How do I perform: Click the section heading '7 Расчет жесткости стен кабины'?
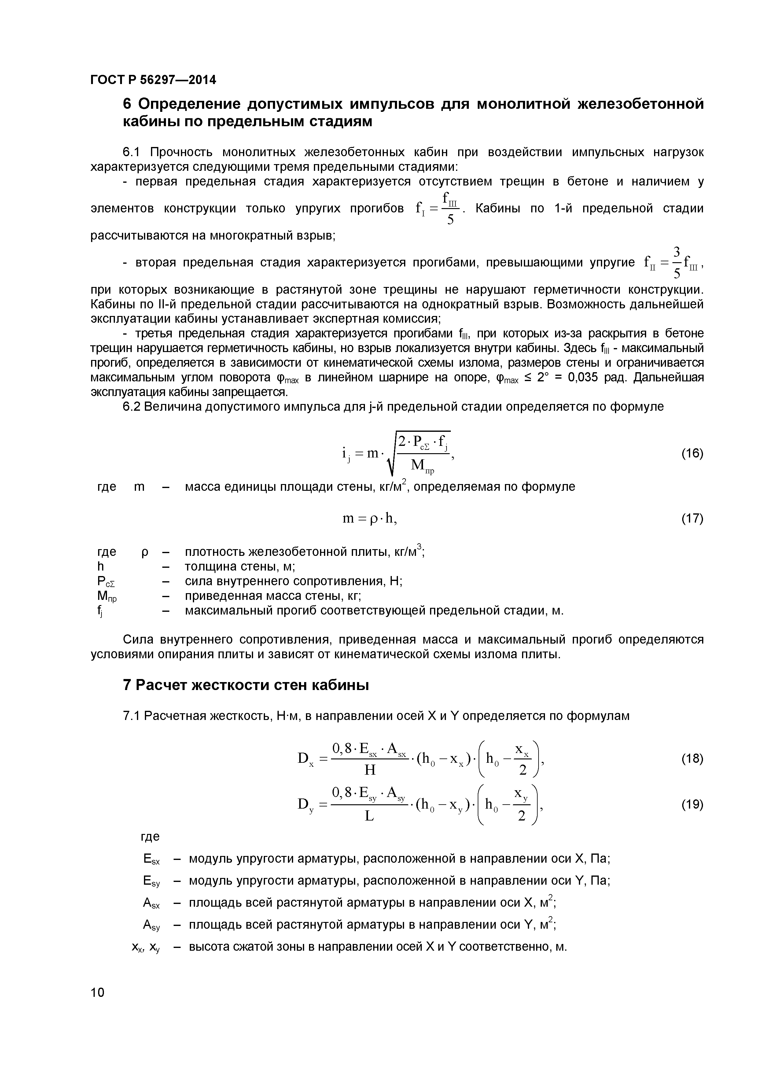[x=246, y=685]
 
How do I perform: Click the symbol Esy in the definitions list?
[x=151, y=882]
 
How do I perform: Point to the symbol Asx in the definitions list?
[x=151, y=903]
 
